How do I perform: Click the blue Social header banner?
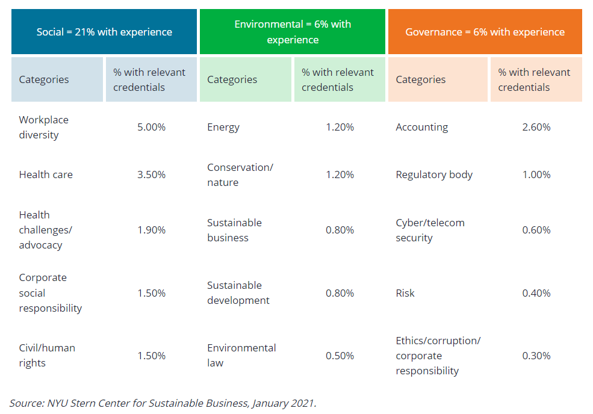[x=104, y=32]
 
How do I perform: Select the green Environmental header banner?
[x=293, y=32]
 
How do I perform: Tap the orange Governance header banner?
[x=485, y=32]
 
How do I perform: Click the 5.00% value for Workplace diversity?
[x=151, y=127]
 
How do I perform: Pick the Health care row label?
[x=46, y=175]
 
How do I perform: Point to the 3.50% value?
[x=151, y=175]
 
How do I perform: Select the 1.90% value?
[x=151, y=230]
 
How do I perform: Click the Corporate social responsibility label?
[x=51, y=293]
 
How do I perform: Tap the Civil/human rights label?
[x=47, y=356]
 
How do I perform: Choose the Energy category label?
[x=223, y=128]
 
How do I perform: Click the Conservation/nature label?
[x=240, y=175]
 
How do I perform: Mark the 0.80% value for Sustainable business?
[x=340, y=230]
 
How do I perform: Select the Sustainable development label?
[x=238, y=293]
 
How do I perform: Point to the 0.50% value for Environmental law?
[x=340, y=356]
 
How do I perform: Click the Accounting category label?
[x=421, y=128]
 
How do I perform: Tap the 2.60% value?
[x=536, y=127]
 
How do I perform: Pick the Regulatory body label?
[x=434, y=175]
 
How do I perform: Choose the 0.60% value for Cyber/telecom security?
[x=536, y=230]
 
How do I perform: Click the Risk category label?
[x=405, y=293]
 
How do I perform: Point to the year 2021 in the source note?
[x=303, y=403]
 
